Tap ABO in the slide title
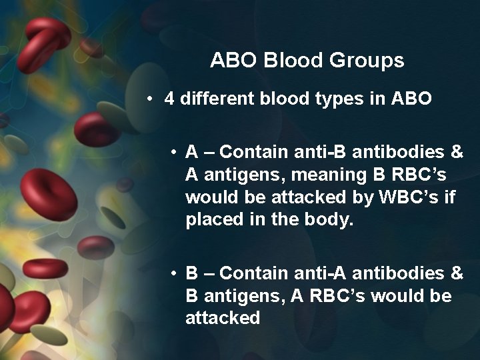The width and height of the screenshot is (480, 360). pos(230,61)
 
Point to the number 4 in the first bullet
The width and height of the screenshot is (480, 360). pos(169,100)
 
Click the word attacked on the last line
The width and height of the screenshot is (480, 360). pos(223,317)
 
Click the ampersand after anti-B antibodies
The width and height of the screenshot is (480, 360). pos(457,152)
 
